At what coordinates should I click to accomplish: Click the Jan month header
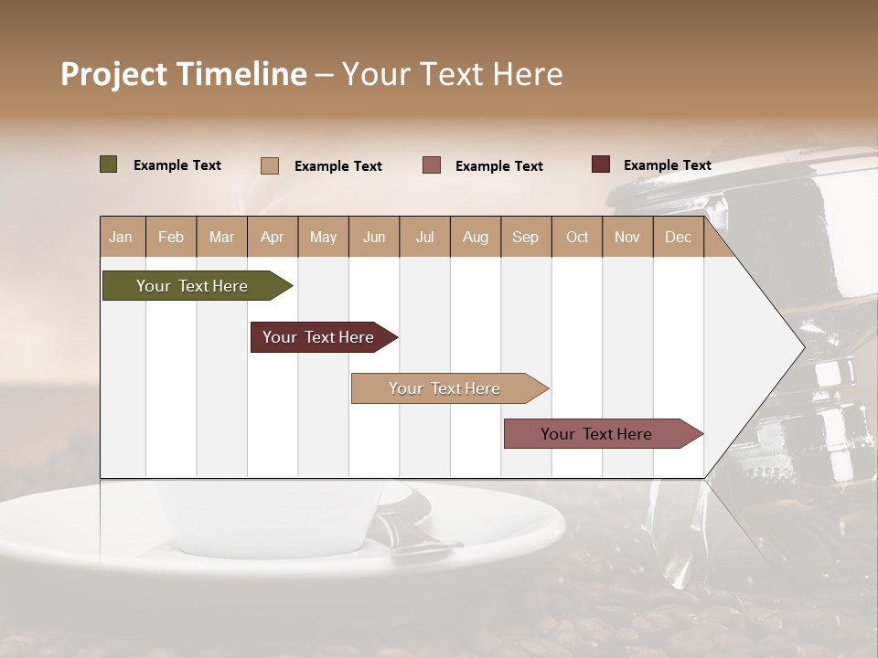(x=121, y=238)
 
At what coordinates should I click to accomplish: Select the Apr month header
(x=273, y=238)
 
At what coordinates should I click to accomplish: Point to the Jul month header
(x=424, y=238)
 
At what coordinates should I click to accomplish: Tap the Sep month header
(x=525, y=238)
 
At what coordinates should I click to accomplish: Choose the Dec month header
(x=678, y=238)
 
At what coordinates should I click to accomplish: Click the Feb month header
(x=171, y=238)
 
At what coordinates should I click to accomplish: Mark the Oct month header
(x=577, y=238)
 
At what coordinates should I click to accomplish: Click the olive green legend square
(x=108, y=164)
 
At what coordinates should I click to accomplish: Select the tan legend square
(x=269, y=165)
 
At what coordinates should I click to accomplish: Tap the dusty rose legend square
(x=432, y=165)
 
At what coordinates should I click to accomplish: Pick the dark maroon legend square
(x=601, y=164)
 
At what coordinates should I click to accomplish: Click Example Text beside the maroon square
(x=667, y=165)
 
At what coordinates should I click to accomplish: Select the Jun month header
(x=374, y=238)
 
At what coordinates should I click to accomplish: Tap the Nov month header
(x=627, y=238)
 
